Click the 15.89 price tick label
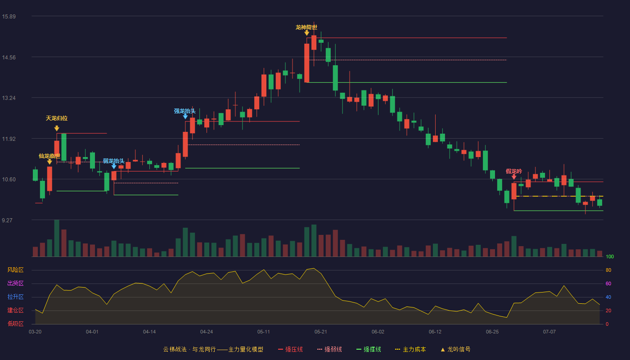coord(9,16)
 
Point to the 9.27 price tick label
coord(7,220)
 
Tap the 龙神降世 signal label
coord(306,27)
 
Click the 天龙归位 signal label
coord(57,118)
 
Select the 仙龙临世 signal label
coord(49,156)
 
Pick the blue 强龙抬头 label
coord(185,111)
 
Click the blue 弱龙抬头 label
coord(113,161)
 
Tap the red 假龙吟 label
coord(514,171)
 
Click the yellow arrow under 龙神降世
coord(306,33)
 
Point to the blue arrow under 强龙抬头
coord(185,117)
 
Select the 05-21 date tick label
coord(320,332)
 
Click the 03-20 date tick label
coord(35,332)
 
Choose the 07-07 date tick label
coord(549,332)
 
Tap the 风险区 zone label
coord(15,270)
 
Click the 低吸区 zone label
coord(15,324)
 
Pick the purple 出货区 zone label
coord(15,283)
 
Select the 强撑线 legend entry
coord(369,349)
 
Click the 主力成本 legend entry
coord(410,349)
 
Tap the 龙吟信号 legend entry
coord(455,349)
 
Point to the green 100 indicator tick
coord(610,256)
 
